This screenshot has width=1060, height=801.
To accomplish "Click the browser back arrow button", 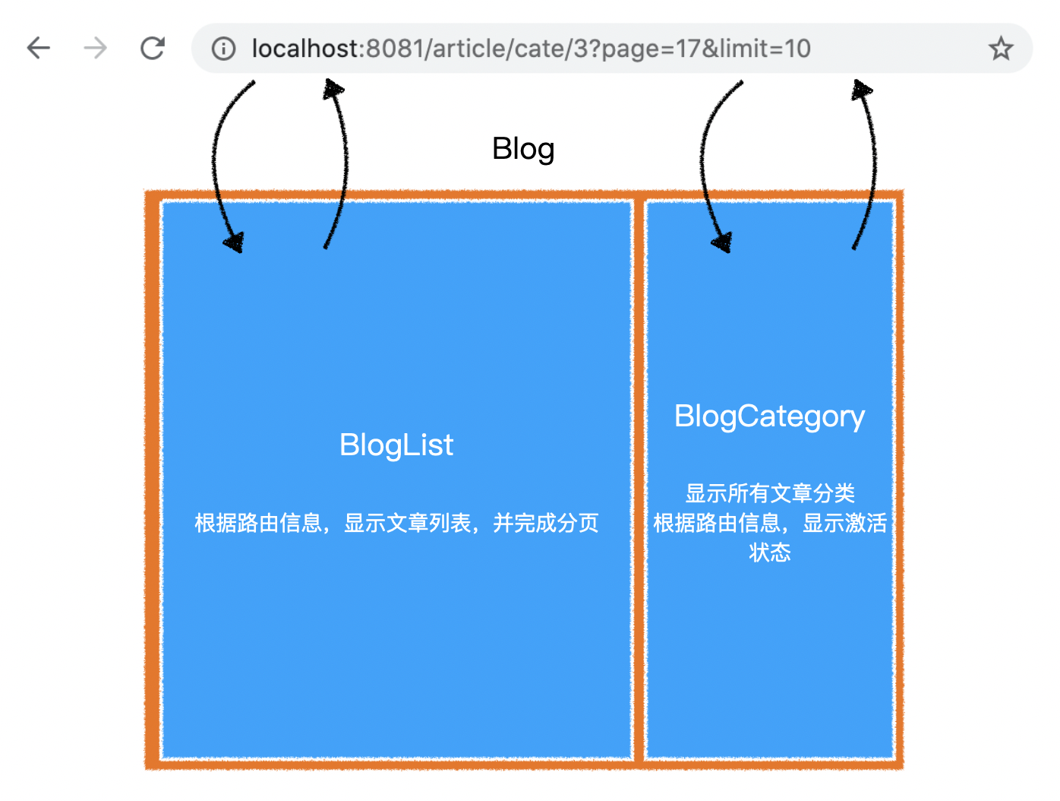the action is point(38,48).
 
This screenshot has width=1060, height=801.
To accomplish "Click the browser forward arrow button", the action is point(95,48).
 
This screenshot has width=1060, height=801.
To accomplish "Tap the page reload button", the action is point(152,48).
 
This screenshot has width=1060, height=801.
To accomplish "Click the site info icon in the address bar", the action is point(223,49).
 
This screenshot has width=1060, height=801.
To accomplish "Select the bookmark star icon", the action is point(1000,49).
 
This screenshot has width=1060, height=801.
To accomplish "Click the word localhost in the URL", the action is point(304,49).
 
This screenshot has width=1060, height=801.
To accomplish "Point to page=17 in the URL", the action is point(650,49).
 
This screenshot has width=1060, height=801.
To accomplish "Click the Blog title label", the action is point(523,149).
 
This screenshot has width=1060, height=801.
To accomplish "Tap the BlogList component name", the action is point(396,445).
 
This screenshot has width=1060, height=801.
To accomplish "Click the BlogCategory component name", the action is point(769,416).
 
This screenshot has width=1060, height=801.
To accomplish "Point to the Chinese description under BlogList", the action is point(396,523).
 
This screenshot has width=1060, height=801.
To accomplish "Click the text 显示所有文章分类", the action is point(770,493).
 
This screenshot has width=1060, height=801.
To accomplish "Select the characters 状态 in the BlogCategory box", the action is point(770,552).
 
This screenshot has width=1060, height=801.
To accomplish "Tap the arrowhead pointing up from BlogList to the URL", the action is point(333,90).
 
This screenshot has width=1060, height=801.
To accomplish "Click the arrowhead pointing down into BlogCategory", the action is point(723,242).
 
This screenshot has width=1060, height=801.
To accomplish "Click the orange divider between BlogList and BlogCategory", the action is point(639,478).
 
